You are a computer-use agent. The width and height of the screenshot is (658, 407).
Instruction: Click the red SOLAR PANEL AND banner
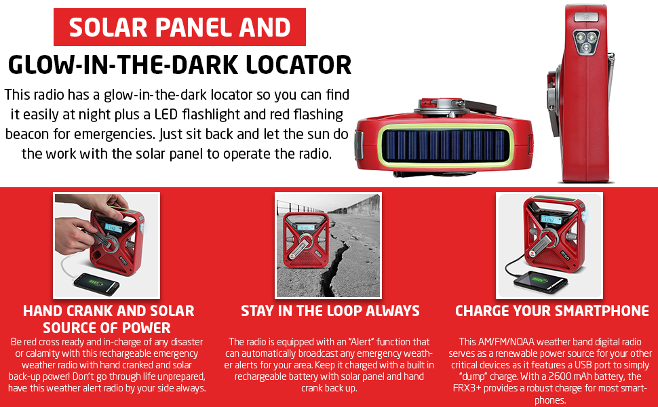pyautogui.click(x=180, y=27)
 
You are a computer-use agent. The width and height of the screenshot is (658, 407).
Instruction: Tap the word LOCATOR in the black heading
pyautogui.click(x=298, y=65)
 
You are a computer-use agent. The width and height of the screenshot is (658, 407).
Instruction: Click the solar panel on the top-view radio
pyautogui.click(x=444, y=146)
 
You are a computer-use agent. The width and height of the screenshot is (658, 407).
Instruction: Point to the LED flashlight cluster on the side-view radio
pyautogui.click(x=586, y=42)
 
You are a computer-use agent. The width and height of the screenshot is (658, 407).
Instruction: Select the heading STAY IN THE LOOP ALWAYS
pyautogui.click(x=330, y=311)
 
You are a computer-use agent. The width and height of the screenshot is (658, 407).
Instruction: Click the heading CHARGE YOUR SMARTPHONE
pyautogui.click(x=552, y=311)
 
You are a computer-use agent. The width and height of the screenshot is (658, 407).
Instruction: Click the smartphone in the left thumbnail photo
pyautogui.click(x=96, y=284)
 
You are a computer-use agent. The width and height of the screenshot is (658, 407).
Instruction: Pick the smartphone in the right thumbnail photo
pyautogui.click(x=541, y=281)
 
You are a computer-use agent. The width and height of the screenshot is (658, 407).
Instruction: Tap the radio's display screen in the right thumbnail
pyautogui.click(x=551, y=220)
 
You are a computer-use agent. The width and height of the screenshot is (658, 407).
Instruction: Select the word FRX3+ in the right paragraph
pyautogui.click(x=467, y=388)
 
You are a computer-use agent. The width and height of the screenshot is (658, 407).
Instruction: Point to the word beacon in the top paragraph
pyautogui.click(x=27, y=134)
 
